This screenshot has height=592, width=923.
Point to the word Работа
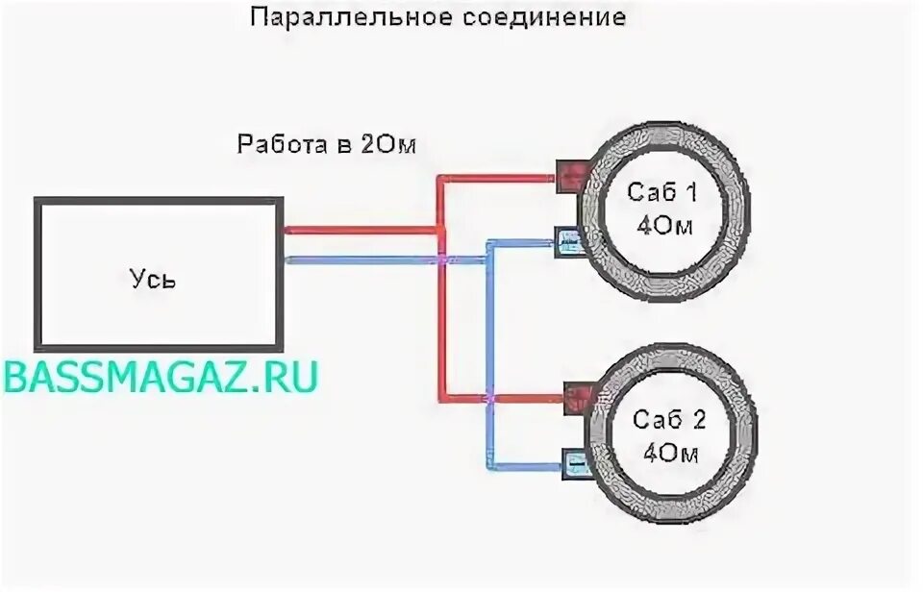tap(277, 144)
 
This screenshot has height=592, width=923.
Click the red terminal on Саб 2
tap(578, 396)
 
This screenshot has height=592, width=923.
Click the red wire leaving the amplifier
tap(356, 229)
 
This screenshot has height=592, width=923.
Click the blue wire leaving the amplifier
tap(356, 259)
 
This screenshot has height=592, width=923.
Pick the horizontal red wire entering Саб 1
tap(500, 178)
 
